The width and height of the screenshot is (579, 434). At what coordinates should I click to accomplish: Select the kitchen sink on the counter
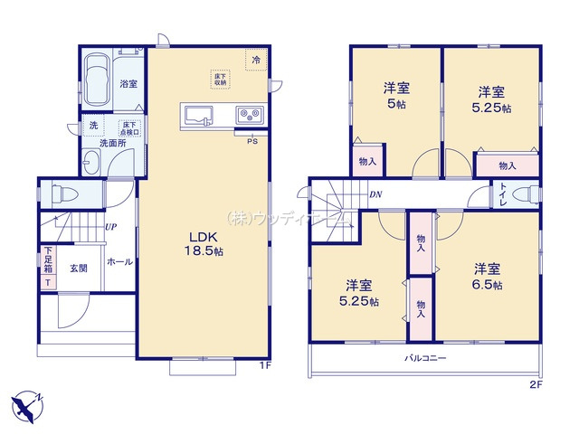pyautogui.click(x=197, y=115)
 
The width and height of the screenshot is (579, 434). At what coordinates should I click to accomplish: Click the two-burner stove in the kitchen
pyautogui.click(x=249, y=115)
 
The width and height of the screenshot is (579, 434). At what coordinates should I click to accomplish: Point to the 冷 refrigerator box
pyautogui.click(x=256, y=60)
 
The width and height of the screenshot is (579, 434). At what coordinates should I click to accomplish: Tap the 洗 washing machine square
pyautogui.click(x=92, y=127)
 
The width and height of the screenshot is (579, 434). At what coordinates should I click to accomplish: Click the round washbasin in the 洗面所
pyautogui.click(x=91, y=163)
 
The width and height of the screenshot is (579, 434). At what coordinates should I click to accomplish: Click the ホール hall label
pyautogui.click(x=119, y=261)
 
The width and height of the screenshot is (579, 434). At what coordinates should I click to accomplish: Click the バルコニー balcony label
pyautogui.click(x=425, y=358)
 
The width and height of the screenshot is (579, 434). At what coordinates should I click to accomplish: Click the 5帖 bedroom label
pyautogui.click(x=396, y=95)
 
